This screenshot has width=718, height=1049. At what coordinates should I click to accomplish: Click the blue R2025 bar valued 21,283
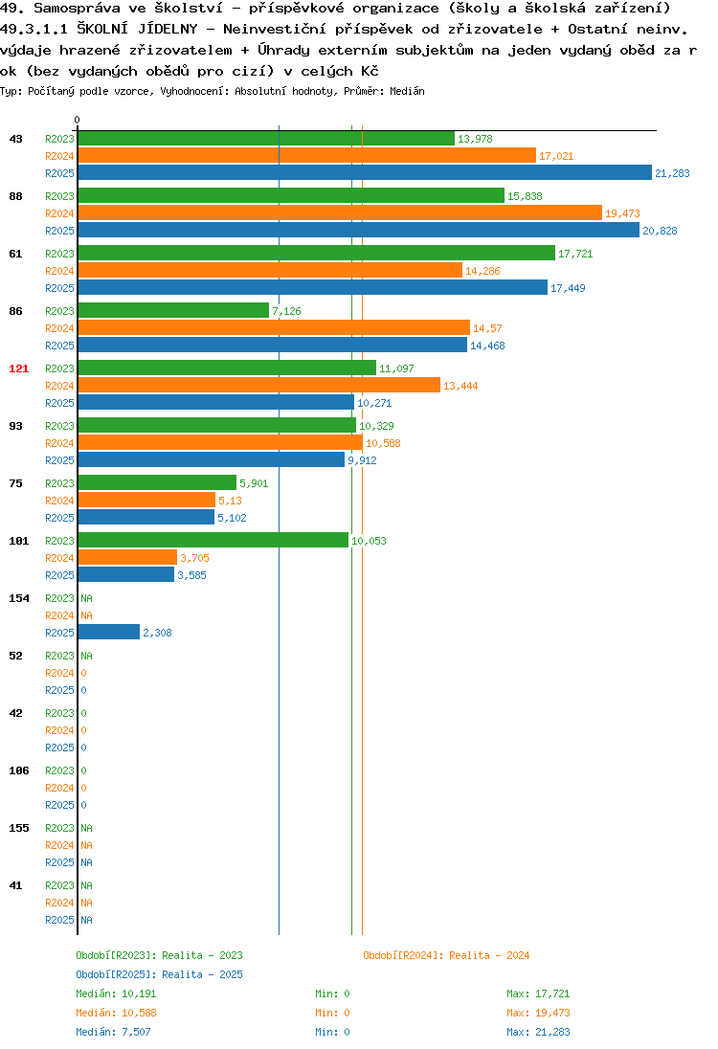pyautogui.click(x=365, y=172)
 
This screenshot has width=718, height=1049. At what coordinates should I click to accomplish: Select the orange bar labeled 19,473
pyautogui.click(x=340, y=212)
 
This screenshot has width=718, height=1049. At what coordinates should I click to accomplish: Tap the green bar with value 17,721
pyautogui.click(x=317, y=253)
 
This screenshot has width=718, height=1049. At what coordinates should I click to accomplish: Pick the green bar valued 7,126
pyautogui.click(x=173, y=310)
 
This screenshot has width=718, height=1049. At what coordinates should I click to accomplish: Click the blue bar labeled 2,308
pyautogui.click(x=109, y=632)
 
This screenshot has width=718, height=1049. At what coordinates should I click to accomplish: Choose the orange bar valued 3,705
pyautogui.click(x=128, y=557)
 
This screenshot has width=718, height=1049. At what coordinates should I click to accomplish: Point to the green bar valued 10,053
pyautogui.click(x=213, y=539)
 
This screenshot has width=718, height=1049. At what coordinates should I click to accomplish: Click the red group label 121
pyautogui.click(x=19, y=368)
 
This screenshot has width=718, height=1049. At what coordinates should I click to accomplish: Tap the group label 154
pyautogui.click(x=19, y=598)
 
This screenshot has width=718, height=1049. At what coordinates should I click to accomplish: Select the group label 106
pyautogui.click(x=19, y=770)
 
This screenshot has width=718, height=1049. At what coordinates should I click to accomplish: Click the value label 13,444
pyautogui.click(x=460, y=386)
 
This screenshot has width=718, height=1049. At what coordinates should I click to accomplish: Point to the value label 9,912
pyautogui.click(x=362, y=460)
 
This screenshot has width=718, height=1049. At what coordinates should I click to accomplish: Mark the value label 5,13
pyautogui.click(x=230, y=501)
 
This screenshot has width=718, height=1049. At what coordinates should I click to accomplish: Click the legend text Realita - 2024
pyautogui.click(x=489, y=955)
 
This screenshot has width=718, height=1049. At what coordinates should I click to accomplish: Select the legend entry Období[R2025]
pyautogui.click(x=116, y=974)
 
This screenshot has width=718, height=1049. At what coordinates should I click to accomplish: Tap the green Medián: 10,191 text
pyautogui.click(x=116, y=993)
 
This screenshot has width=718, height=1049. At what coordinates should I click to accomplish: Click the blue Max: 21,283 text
pyautogui.click(x=539, y=1032)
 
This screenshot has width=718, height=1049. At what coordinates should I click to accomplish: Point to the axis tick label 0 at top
pyautogui.click(x=77, y=120)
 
